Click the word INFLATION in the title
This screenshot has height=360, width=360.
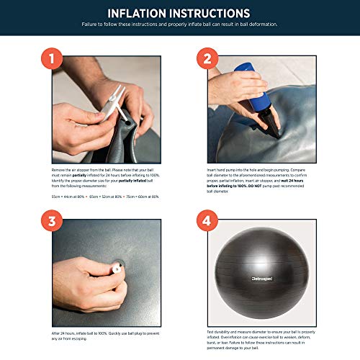[x=139, y=14]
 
